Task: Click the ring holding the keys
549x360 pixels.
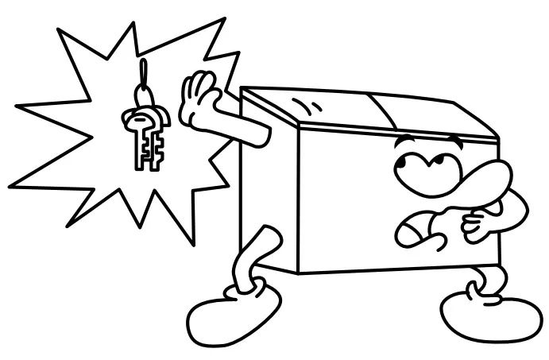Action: [143, 96]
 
